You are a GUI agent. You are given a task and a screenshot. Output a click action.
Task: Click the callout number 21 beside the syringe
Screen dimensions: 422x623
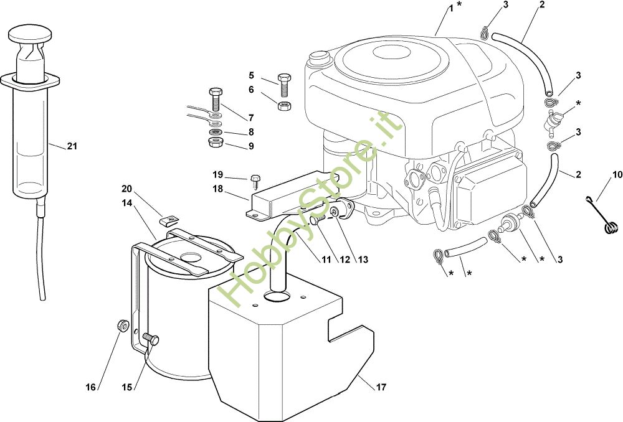[x=72, y=147]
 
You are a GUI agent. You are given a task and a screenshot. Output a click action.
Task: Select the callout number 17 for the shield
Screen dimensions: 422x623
[x=381, y=387]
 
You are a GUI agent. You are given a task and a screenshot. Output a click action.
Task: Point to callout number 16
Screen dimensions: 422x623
[x=90, y=387]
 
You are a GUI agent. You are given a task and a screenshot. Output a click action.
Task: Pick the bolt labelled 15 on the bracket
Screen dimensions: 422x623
[x=151, y=339]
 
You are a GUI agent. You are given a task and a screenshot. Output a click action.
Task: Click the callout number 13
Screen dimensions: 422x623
[x=362, y=260]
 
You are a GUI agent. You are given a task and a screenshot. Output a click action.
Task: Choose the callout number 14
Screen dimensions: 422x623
[x=127, y=202]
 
